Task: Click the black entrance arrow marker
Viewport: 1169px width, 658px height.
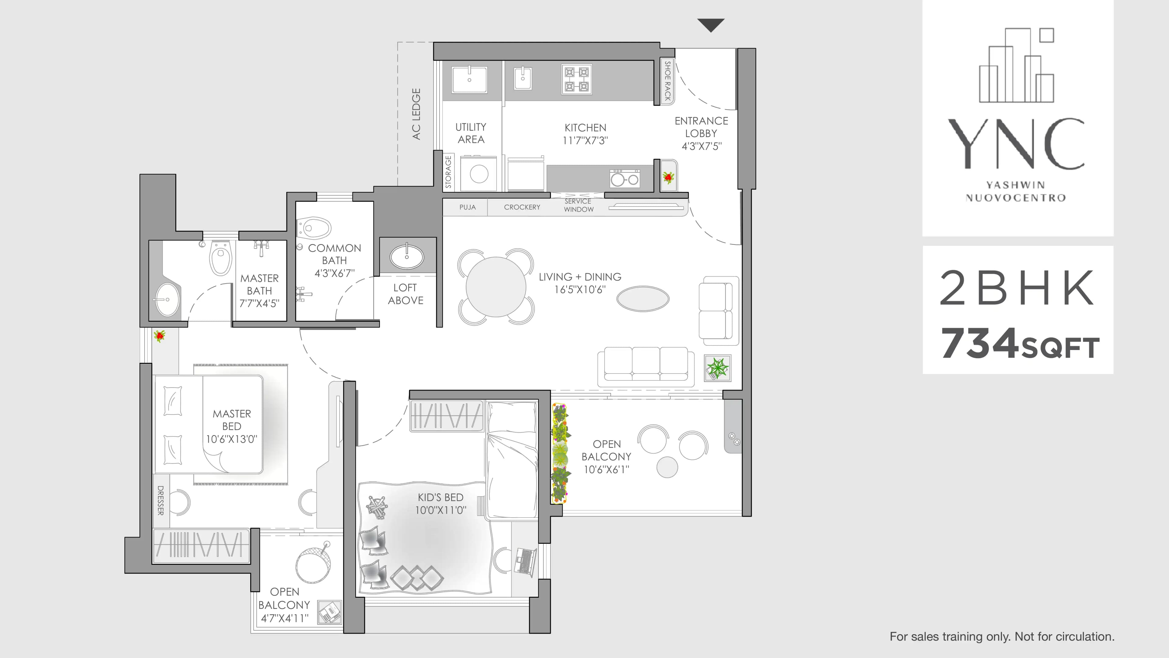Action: (x=711, y=24)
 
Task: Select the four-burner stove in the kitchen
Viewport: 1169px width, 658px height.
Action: (x=576, y=79)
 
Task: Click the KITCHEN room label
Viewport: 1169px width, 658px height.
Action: (x=585, y=128)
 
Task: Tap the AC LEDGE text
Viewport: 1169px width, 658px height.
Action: (x=416, y=114)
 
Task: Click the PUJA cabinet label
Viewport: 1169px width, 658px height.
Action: (x=467, y=207)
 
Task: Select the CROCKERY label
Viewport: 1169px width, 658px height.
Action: (x=522, y=207)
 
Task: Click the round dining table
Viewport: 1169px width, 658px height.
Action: (x=496, y=287)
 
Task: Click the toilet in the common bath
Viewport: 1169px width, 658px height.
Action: (x=314, y=228)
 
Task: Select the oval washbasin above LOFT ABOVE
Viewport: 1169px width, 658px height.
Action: (x=407, y=256)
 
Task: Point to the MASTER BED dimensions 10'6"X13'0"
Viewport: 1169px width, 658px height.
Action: (x=231, y=439)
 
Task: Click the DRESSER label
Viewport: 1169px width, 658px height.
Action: (x=160, y=501)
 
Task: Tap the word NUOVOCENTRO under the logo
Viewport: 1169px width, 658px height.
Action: (x=1016, y=197)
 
